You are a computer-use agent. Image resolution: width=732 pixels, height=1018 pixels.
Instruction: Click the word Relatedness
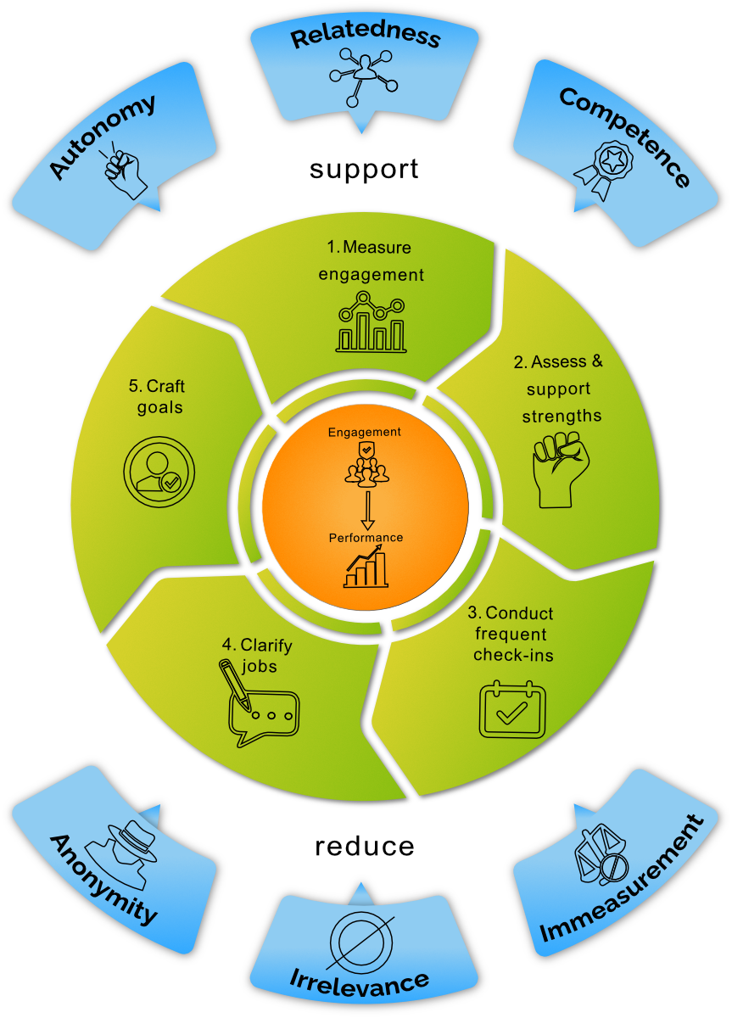click(x=366, y=37)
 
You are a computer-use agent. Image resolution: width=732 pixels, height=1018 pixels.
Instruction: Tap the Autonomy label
click(x=103, y=137)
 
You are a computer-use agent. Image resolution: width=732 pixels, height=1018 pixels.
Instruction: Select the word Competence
click(x=624, y=137)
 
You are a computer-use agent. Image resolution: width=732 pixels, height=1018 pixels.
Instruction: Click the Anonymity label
click(x=103, y=879)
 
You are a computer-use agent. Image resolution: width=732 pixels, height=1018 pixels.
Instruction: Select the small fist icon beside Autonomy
click(x=126, y=171)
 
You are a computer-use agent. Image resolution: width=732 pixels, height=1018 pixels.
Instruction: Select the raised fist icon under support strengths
click(x=556, y=472)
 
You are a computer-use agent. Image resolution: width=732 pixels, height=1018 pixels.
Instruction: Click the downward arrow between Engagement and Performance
click(x=366, y=508)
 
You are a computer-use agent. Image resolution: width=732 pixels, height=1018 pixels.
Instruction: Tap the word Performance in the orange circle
click(x=366, y=538)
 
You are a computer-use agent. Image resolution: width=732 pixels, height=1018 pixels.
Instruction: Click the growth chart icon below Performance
click(x=366, y=566)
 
